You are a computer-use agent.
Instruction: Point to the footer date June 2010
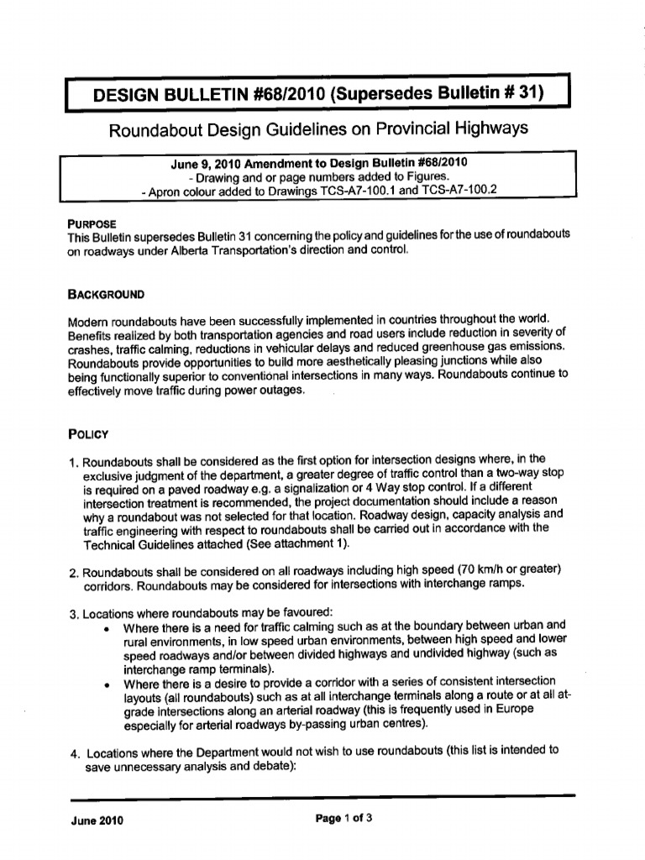pyautogui.click(x=96, y=821)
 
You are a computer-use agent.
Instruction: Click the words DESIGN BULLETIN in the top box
pyautogui.click(x=169, y=93)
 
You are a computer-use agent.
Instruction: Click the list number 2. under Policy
pyautogui.click(x=74, y=572)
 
